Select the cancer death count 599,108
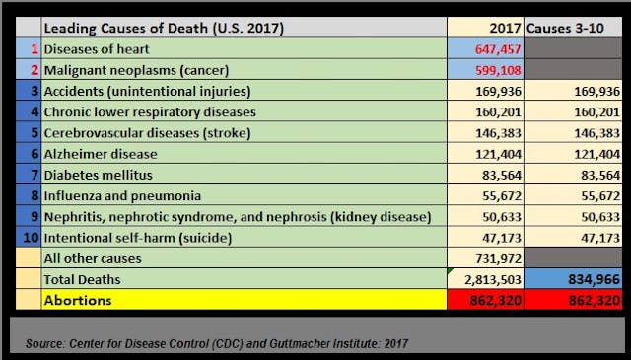pos(504,69)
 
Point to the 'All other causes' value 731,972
pos(504,258)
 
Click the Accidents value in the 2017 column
pos(504,91)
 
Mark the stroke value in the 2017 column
pos(504,132)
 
